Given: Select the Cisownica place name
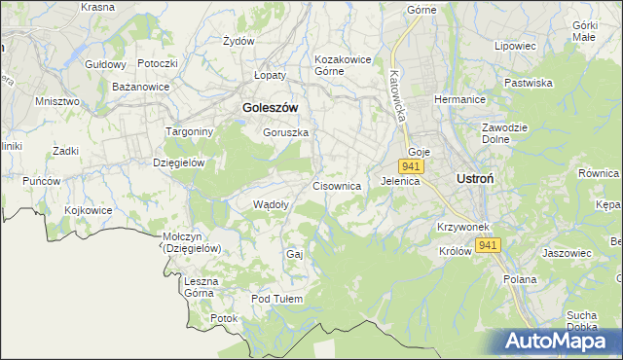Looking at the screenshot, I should pos(337,185).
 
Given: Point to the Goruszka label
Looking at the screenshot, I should pos(285,132).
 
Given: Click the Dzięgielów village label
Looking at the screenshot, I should pos(178,162).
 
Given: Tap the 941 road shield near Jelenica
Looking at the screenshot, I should pos(410,167).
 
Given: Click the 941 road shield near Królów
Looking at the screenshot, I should pos(489,245).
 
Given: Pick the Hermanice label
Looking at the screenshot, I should pos(458,101).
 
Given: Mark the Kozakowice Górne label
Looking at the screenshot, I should pos(343,64).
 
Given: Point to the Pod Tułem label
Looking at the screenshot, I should pos(277,299).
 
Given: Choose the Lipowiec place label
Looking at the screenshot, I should pos(516,46).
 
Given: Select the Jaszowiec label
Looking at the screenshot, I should pos(567,253).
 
